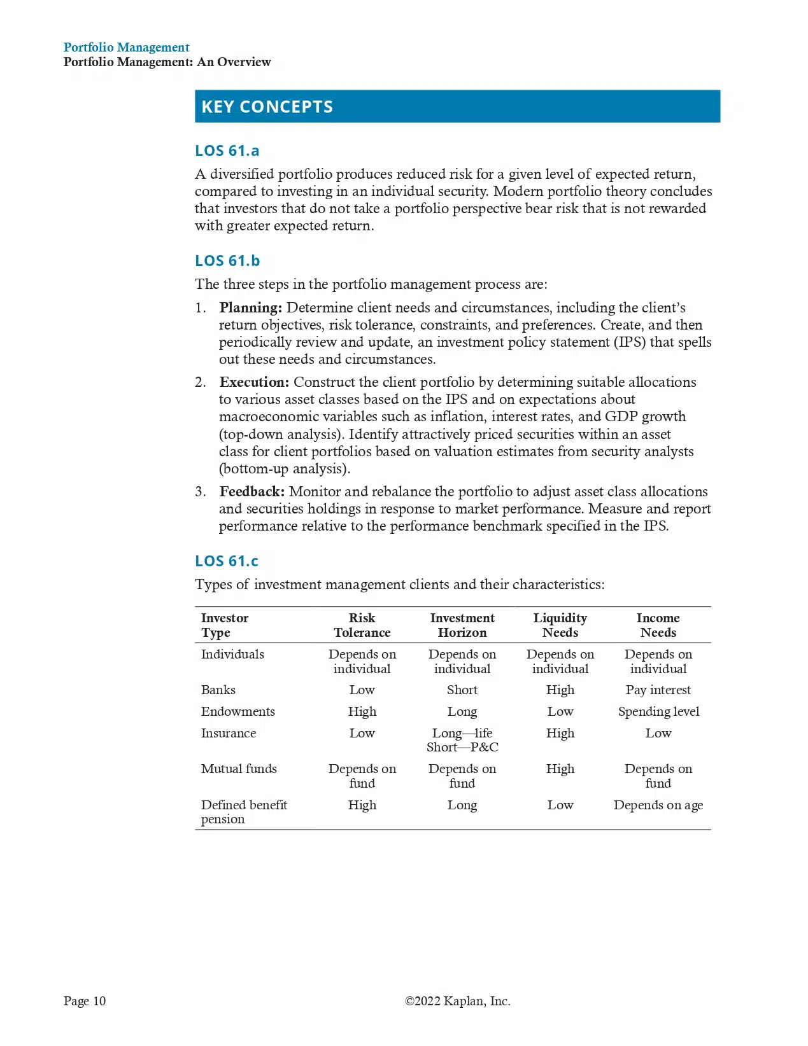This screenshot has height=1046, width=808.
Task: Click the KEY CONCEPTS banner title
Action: tap(267, 106)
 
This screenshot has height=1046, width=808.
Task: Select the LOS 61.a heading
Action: tap(227, 151)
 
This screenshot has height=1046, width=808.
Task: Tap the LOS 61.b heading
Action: tap(227, 261)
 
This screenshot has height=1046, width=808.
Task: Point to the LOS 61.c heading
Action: tap(227, 561)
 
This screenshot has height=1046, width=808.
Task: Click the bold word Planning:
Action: tap(250, 308)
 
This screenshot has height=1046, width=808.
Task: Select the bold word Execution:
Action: tap(254, 382)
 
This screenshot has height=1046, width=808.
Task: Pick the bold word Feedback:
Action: tap(252, 492)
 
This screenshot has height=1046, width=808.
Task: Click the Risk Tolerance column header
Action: tap(362, 625)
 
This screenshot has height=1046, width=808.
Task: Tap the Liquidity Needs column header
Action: tap(560, 625)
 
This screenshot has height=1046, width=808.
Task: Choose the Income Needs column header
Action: tap(658, 625)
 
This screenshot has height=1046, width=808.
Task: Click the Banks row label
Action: tap(218, 690)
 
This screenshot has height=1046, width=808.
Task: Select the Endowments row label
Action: tap(237, 711)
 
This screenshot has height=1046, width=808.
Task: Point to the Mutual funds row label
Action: tap(239, 769)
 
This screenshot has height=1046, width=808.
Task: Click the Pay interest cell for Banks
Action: tap(658, 690)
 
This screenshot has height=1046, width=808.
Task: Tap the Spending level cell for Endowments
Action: tap(658, 711)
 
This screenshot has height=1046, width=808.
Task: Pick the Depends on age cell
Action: tap(658, 805)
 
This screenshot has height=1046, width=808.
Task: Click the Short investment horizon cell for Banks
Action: tap(462, 690)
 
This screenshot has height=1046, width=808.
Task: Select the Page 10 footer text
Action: tap(85, 1001)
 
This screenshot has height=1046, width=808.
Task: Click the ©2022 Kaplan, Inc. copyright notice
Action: tap(457, 1001)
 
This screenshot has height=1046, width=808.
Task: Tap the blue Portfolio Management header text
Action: tap(126, 47)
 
